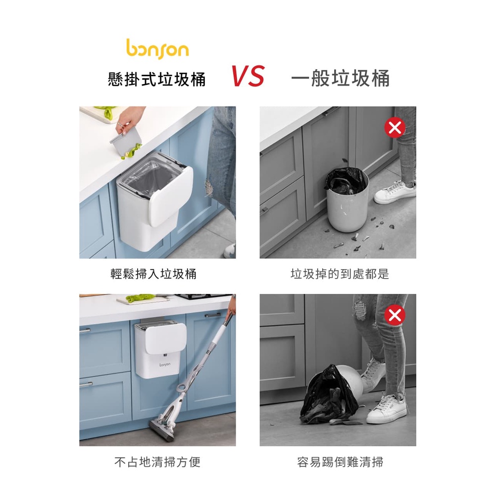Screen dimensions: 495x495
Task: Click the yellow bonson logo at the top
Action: click(x=157, y=49)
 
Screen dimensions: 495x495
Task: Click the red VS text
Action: click(x=248, y=76)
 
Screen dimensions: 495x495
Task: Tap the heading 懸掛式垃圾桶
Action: click(x=156, y=79)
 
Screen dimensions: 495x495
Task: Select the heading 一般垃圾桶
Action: click(x=340, y=78)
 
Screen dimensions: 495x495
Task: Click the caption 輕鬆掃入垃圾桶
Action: click(x=153, y=274)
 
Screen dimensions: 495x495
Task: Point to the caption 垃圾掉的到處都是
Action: click(x=340, y=274)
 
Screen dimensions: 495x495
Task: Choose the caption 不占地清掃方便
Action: click(x=157, y=462)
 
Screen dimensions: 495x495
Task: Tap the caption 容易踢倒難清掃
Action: click(x=340, y=462)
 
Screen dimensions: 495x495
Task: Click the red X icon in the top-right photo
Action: click(x=395, y=128)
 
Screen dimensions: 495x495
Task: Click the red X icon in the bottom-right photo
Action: click(x=395, y=315)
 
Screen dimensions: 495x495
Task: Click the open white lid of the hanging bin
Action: click(x=170, y=196)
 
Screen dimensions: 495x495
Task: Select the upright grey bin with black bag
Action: click(x=347, y=199)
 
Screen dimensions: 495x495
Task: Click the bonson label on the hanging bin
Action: click(x=165, y=364)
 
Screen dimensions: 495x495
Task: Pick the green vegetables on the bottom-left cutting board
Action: click(x=140, y=297)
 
